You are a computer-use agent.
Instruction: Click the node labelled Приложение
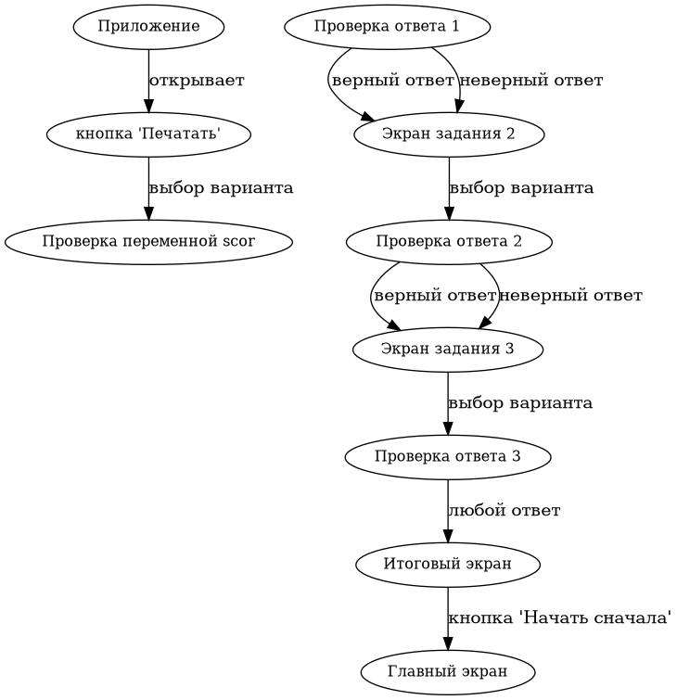coord(148,26)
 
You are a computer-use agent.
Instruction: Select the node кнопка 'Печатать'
coord(148,134)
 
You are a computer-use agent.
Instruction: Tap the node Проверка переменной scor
coord(148,242)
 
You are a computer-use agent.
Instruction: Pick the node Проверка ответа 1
coord(387,26)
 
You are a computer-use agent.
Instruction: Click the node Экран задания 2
coord(449,134)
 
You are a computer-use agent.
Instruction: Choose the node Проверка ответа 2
coord(449,242)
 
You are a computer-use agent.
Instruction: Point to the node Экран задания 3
coord(448,350)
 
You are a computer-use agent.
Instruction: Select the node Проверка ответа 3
coord(448,456)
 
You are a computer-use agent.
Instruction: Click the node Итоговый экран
coord(448,563)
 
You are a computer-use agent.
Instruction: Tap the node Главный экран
coord(448,670)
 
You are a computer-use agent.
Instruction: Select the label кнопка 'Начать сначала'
coord(559,617)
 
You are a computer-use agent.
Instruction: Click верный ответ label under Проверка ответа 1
coord(392,81)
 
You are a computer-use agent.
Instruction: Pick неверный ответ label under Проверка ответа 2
coord(570,296)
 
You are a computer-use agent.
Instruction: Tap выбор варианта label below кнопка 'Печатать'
coord(221,188)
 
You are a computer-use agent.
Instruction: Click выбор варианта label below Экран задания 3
coord(520,403)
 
